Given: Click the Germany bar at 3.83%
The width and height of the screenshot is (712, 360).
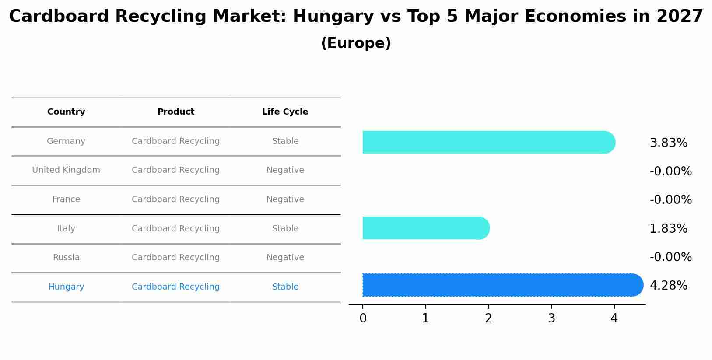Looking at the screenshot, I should (488, 142).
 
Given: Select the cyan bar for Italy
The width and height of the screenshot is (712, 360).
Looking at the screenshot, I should (425, 228).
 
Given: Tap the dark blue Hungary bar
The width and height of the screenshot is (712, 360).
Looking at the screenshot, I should (502, 285).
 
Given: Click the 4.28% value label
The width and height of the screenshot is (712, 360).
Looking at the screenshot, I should (668, 286).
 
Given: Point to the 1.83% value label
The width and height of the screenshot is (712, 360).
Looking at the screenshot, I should (668, 229).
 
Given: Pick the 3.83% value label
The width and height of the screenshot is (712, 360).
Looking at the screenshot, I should (668, 143).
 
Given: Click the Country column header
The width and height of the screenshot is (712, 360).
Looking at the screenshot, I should (66, 112).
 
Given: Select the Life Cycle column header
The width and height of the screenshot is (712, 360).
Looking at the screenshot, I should (285, 112).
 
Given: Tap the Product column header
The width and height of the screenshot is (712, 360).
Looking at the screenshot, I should (175, 112).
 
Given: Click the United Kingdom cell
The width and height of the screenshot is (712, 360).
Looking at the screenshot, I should (66, 170).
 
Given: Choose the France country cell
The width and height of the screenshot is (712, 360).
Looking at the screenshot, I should (66, 199).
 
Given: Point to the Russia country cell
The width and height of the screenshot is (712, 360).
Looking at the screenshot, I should (66, 258).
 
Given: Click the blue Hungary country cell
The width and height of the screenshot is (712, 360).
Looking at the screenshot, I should (66, 287).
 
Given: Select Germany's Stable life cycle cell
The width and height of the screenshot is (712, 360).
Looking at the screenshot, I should (285, 141).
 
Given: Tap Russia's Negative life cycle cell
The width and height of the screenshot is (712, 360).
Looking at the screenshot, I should (285, 258).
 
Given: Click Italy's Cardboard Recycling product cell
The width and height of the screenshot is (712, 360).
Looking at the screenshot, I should (175, 229).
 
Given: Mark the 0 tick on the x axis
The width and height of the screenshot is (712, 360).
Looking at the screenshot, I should (363, 318).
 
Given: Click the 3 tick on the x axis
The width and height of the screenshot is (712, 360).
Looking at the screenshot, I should (551, 318).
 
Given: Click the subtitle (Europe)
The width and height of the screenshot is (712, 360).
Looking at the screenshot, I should (356, 43).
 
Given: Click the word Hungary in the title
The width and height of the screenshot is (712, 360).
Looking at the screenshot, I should (333, 17).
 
